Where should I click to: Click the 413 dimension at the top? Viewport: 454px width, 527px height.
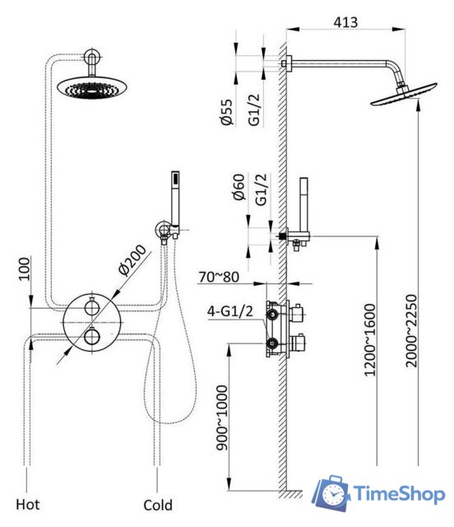coord(345,22)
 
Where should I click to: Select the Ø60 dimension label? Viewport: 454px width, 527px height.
coord(239,187)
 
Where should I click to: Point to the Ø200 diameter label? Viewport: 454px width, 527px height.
coord(132,260)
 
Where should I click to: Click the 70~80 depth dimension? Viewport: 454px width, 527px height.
coord(219,277)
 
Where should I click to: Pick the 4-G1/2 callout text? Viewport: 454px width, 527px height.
coord(230,311)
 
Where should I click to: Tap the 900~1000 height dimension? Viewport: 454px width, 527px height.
coord(222,417)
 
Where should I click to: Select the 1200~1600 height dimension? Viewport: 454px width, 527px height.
coord(370,340)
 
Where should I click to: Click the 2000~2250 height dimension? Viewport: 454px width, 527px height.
coord(411,331)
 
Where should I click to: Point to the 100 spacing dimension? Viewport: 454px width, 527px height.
coord(24,269)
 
